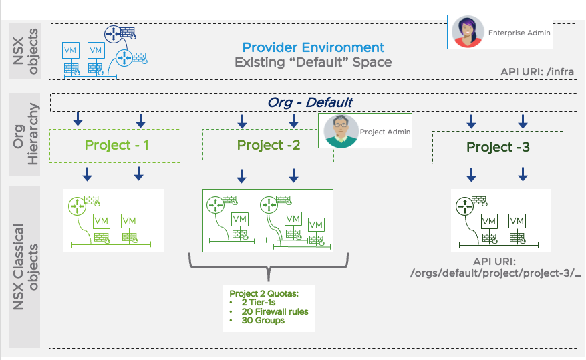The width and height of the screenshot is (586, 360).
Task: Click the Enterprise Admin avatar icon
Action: [468, 32]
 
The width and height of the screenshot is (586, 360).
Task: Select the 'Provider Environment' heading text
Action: [313, 47]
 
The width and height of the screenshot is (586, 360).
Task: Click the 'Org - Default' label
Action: [310, 102]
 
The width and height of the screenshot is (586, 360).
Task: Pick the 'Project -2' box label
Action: [268, 146]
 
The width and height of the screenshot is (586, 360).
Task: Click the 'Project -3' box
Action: [497, 148]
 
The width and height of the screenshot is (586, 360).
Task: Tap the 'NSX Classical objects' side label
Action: [25, 266]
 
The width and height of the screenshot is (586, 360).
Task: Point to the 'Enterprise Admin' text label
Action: [519, 32]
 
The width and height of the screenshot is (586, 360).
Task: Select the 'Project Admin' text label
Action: [384, 132]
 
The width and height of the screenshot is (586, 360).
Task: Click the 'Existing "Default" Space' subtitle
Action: [313, 63]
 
